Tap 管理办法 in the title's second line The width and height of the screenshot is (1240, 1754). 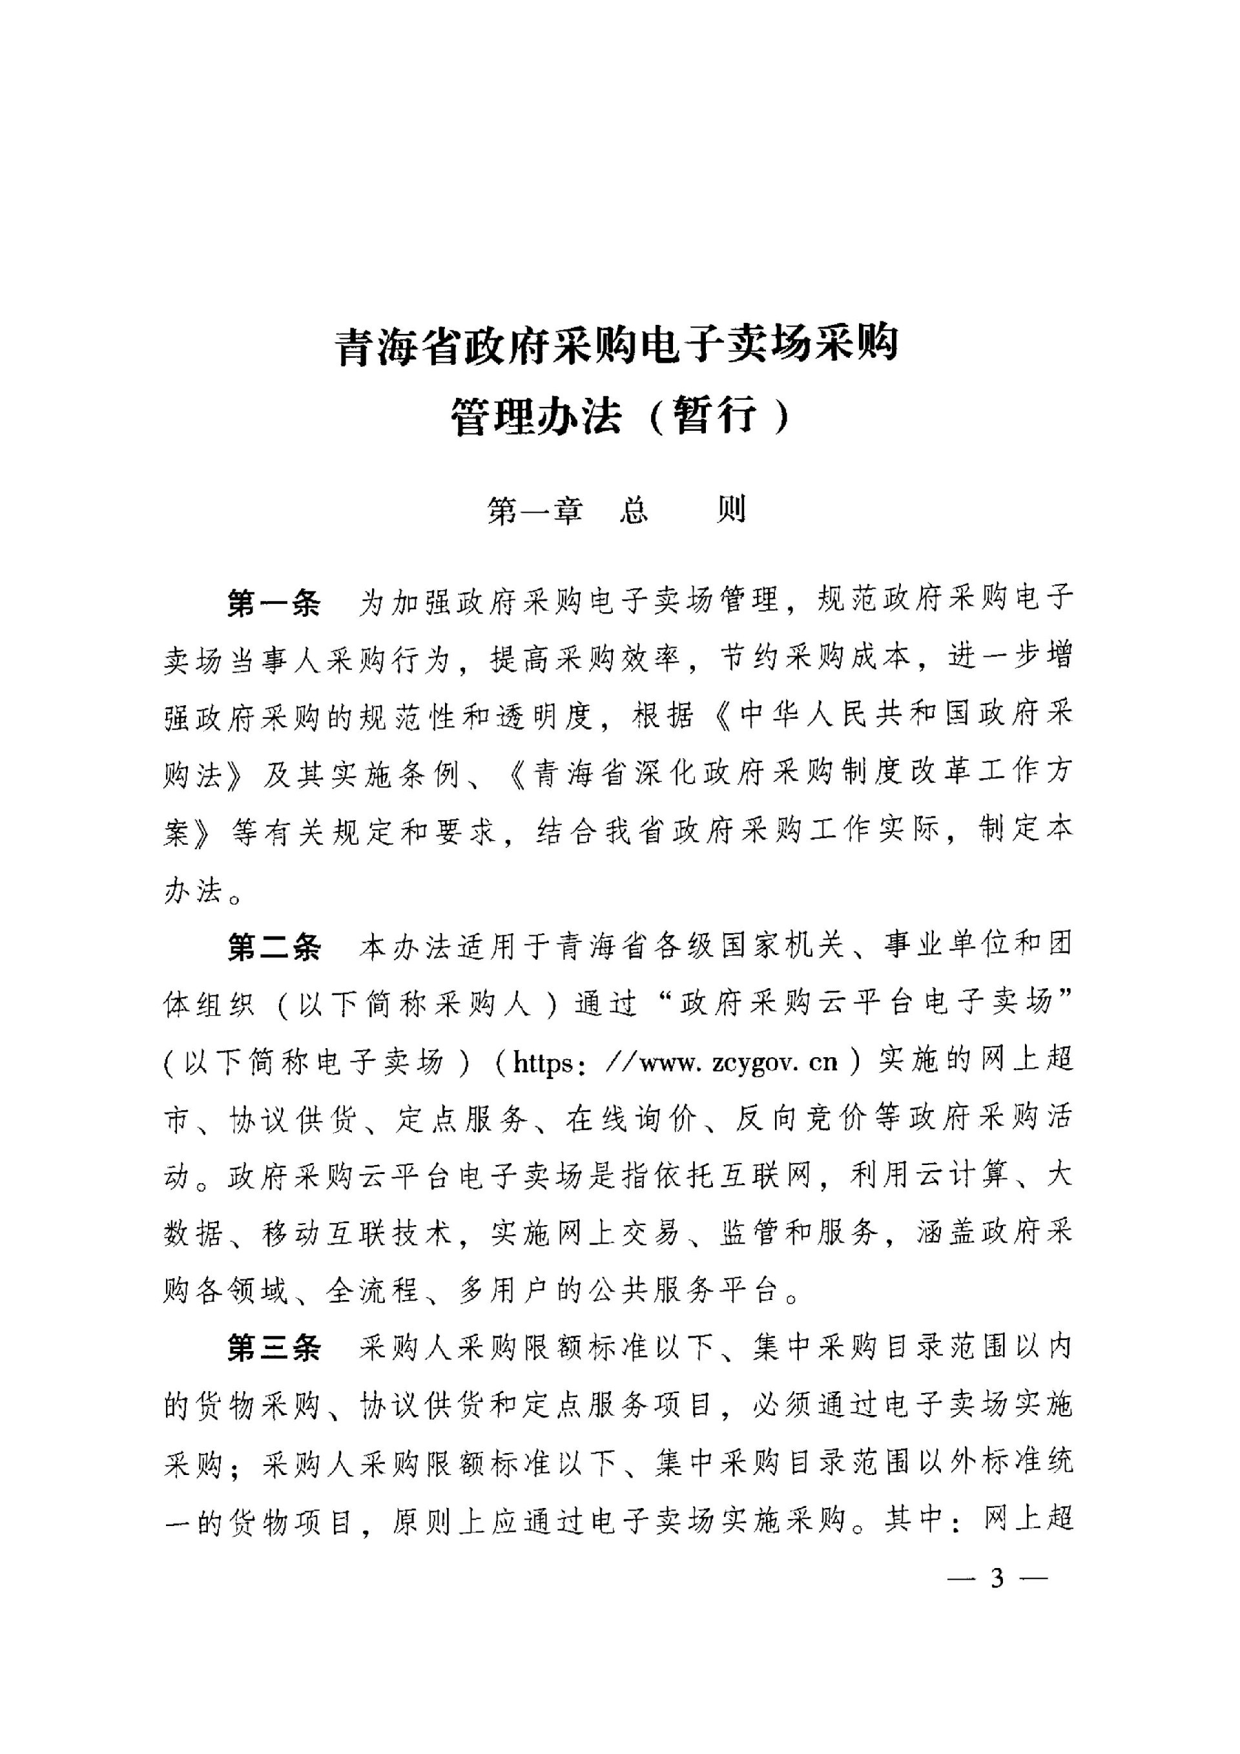pos(535,417)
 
